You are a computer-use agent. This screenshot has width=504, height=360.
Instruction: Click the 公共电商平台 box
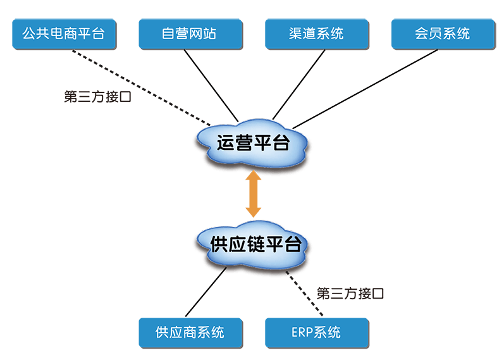pos(65,34)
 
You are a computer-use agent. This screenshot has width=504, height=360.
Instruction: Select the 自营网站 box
pos(190,34)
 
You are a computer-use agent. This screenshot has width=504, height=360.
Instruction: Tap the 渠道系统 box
pos(317,34)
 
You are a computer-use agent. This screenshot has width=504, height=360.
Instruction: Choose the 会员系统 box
pos(443,34)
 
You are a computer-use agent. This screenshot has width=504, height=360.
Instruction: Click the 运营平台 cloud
pos(253,143)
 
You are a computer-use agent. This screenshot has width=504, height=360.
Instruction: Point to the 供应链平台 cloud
pos(253,244)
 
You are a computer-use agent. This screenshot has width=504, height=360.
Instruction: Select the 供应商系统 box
pos(190,333)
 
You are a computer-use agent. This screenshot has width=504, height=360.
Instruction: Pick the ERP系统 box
pos(317,333)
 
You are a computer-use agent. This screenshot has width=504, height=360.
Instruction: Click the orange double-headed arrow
pos(254,194)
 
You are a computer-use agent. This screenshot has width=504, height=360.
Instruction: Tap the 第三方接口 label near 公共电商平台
pos(98,97)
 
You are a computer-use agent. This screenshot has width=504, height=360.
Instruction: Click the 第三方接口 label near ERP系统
pos(350,294)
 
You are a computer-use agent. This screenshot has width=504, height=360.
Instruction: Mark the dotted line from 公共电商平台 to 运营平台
pos(142,87)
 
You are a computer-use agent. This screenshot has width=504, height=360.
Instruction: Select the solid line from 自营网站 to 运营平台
pos(211,85)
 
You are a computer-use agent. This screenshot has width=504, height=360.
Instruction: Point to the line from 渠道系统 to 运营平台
pos(299,85)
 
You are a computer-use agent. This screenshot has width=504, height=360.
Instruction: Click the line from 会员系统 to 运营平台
pos(365,89)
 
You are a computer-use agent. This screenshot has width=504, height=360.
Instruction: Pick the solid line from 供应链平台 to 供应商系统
pos(206,292)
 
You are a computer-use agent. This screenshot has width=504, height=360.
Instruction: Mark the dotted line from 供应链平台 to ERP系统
pos(304,294)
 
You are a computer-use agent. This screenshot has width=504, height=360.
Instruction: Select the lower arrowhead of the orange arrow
pos(254,213)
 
